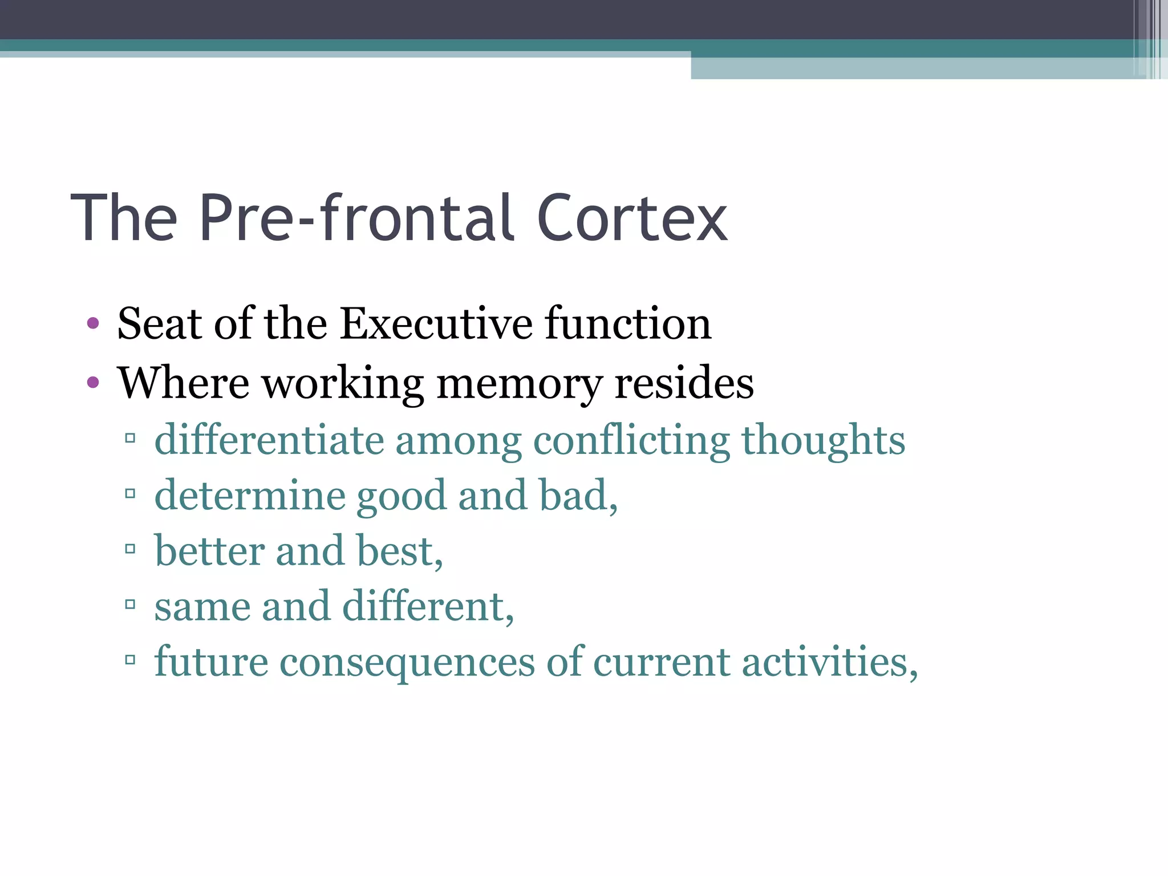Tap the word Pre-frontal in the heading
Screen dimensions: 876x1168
click(356, 219)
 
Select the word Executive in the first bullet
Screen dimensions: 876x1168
click(436, 324)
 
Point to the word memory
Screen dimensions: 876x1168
click(519, 383)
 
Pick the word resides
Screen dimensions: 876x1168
click(684, 383)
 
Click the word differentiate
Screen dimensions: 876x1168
click(269, 440)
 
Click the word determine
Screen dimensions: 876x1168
click(250, 495)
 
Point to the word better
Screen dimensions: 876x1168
click(209, 551)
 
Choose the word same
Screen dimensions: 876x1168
click(202, 606)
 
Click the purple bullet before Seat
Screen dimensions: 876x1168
click(93, 324)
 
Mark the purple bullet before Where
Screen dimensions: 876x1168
click(93, 382)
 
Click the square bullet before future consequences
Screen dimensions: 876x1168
click(130, 660)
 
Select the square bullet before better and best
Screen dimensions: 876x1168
click(130, 549)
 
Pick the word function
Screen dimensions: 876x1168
click(628, 324)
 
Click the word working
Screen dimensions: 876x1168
click(342, 383)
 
